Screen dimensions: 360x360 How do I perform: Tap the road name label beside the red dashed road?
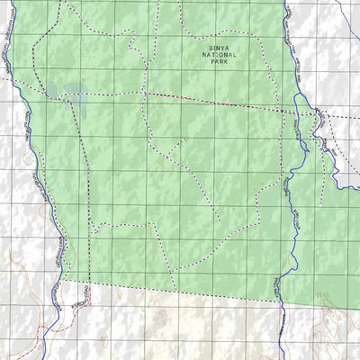pos(83,295)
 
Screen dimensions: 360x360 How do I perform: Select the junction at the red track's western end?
pos(144,92)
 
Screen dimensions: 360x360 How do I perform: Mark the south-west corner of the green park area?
pos(66,281)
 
